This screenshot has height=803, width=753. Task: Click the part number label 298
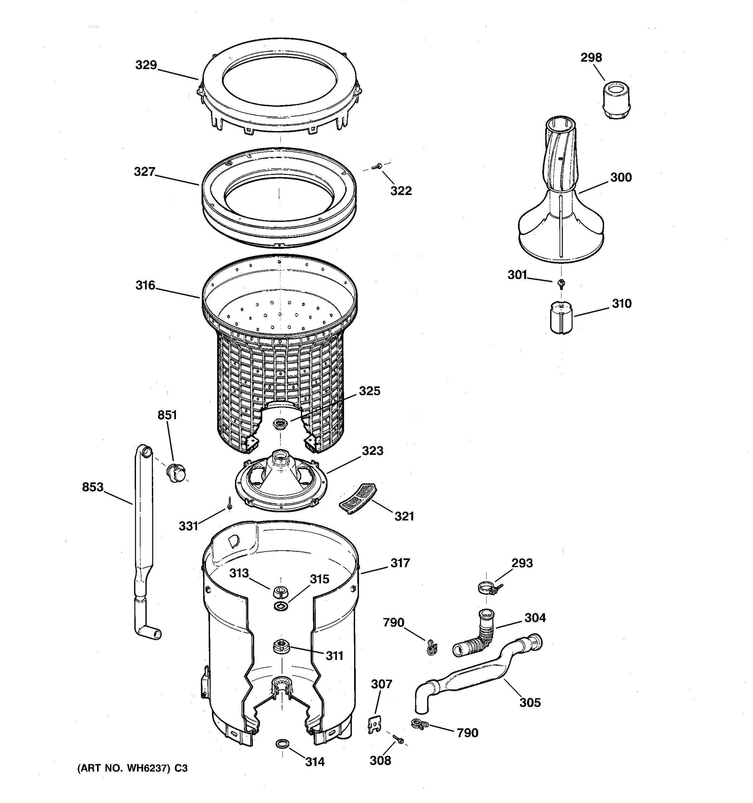pyautogui.click(x=591, y=58)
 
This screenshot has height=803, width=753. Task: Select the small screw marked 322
pyautogui.click(x=379, y=166)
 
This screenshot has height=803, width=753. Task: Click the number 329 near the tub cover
pyautogui.click(x=146, y=65)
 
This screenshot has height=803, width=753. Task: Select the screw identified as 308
pyautogui.click(x=398, y=738)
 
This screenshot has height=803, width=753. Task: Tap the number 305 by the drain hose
pyautogui.click(x=529, y=702)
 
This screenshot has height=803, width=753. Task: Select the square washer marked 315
pyautogui.click(x=281, y=606)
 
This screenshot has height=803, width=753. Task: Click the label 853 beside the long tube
pyautogui.click(x=92, y=487)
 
